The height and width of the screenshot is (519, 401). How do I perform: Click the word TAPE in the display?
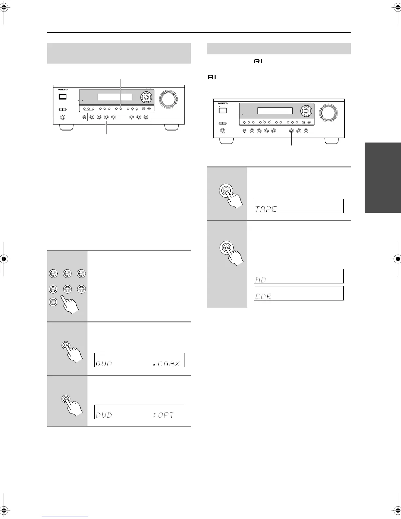pyautogui.click(x=266, y=209)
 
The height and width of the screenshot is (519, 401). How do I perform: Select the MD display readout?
pyautogui.click(x=260, y=279)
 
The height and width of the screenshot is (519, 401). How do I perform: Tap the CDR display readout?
pyautogui.click(x=263, y=296)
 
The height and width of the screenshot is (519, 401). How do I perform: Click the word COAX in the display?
pyautogui.click(x=168, y=363)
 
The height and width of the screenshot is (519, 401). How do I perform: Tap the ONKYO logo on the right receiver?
pyautogui.click(x=222, y=103)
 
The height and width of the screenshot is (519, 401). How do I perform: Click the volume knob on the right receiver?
pyautogui.click(x=329, y=112)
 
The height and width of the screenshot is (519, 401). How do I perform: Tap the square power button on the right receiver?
pyautogui.click(x=223, y=110)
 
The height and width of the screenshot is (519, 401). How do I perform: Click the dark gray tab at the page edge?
pyautogui.click(x=383, y=178)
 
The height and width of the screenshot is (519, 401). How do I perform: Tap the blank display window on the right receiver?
pyautogui.click(x=275, y=111)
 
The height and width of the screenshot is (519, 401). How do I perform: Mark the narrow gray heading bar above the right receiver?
pyautogui.click(x=279, y=48)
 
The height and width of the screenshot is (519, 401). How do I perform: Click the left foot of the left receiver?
pyautogui.click(x=67, y=127)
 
